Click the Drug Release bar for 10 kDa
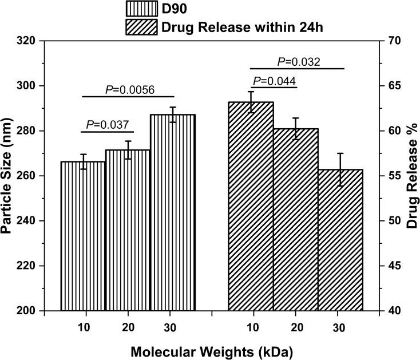point(251,206)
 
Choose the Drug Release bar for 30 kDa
point(340,240)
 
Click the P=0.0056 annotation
point(130,89)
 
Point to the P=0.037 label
point(107,125)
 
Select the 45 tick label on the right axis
point(393,266)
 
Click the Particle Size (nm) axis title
point(9,176)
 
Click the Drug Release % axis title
point(411,176)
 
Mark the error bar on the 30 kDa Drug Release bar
point(340,169)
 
